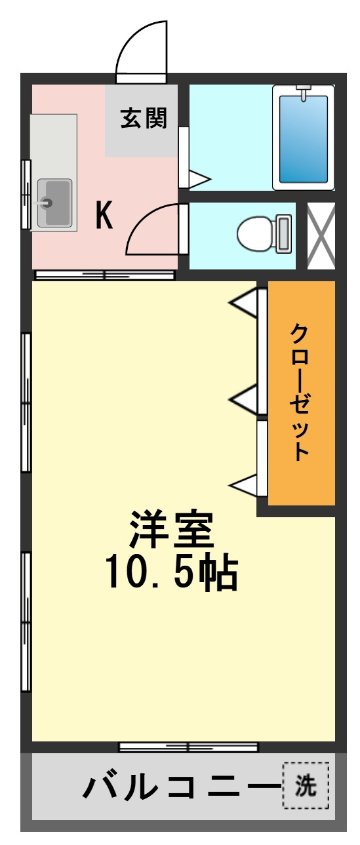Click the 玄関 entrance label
point(144,119)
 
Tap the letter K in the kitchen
point(104,215)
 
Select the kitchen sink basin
point(54,203)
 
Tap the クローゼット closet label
point(300,392)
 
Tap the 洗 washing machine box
point(305,785)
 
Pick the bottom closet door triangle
point(243,485)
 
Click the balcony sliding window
point(188,747)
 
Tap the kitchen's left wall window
point(26,194)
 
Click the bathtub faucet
point(303,92)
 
